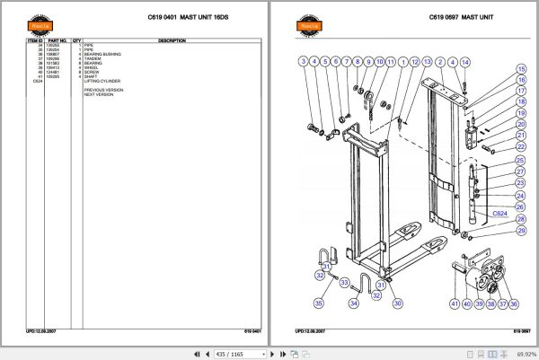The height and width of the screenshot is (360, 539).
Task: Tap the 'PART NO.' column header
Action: coord(57,40)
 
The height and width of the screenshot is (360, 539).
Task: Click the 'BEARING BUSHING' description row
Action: coord(103,54)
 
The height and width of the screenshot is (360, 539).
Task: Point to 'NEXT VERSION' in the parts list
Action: coord(100,94)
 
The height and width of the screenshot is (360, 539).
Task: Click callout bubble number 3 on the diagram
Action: coord(304,61)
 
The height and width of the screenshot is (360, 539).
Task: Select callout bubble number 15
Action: coord(521,68)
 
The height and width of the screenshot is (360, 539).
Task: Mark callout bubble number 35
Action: coord(318,304)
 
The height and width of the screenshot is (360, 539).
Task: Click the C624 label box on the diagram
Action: coord(500,214)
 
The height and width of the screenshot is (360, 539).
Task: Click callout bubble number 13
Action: coord(428,61)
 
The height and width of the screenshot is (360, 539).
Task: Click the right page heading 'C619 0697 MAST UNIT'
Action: coord(461,17)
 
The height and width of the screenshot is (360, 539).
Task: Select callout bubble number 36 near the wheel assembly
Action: coord(513,304)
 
